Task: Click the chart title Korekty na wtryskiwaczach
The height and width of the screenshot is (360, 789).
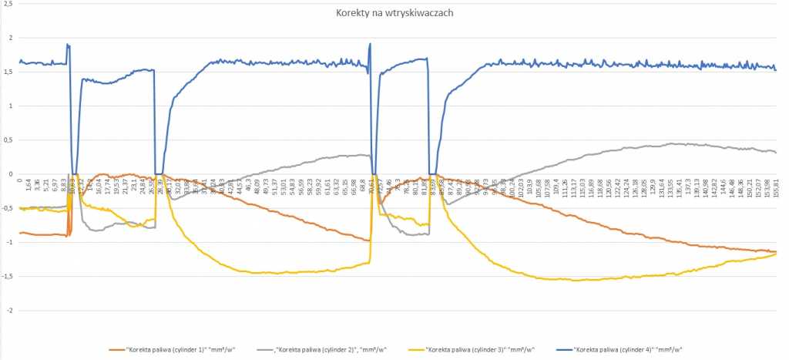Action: pos(394,14)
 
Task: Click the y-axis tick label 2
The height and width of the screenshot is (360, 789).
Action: pos(11,38)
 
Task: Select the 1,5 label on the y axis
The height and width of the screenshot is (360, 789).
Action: pos(8,72)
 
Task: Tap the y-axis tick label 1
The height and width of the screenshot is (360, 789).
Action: pos(11,106)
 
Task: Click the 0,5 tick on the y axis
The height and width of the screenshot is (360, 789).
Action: pos(8,140)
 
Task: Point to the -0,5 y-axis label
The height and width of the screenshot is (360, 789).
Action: pos(8,208)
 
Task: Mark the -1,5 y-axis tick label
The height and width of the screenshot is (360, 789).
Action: pos(8,276)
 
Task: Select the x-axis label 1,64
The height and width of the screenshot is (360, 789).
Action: pos(29,187)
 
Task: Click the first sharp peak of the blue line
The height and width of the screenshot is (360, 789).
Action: pos(68,45)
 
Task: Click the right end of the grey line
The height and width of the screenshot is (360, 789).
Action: pos(775,153)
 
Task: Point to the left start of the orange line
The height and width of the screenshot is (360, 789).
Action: pos(20,233)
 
